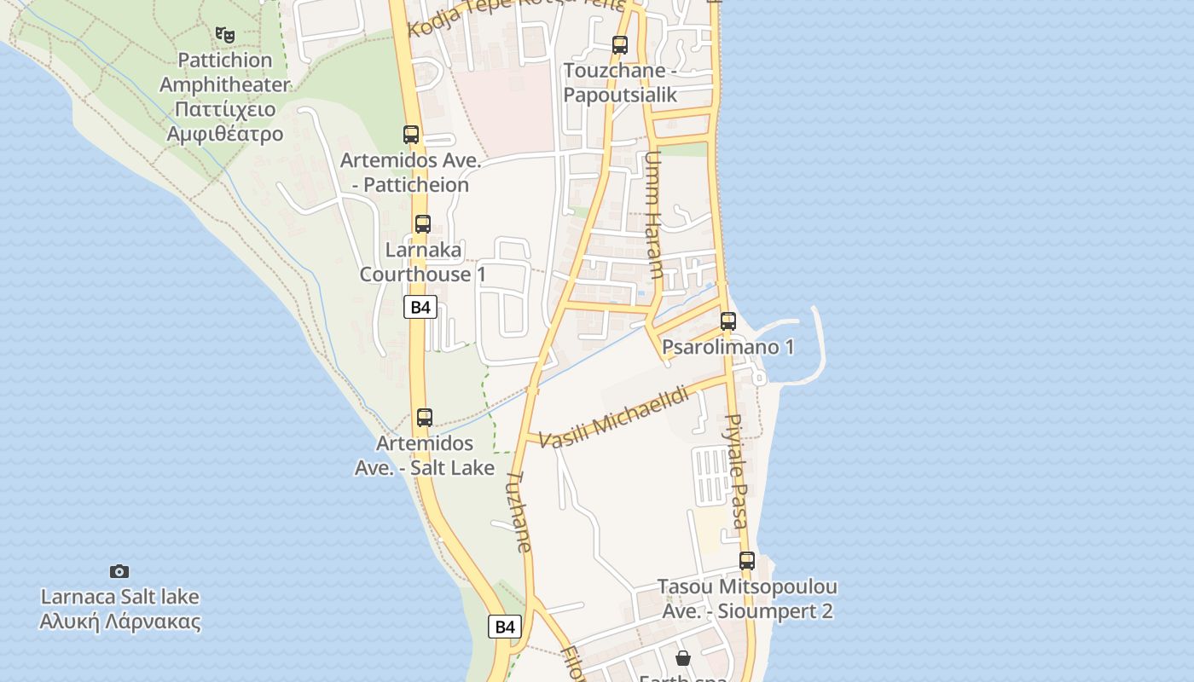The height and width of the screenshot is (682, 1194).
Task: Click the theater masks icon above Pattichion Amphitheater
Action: pos(225,34)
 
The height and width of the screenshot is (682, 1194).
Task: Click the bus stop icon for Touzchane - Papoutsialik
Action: pos(620,45)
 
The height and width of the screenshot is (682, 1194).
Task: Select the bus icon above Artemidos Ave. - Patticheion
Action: pos(411,135)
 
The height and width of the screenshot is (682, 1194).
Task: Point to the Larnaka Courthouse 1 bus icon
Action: pos(423,225)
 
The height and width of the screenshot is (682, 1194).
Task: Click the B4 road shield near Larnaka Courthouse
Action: pos(420,307)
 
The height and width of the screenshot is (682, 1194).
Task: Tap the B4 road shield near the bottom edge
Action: pos(505,627)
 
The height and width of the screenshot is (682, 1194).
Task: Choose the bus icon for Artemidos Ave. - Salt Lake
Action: pos(425,418)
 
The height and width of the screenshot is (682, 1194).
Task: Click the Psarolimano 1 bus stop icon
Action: pos(728,321)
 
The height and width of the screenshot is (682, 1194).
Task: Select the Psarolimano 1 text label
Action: pos(728,347)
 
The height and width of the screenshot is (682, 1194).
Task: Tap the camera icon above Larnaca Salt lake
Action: pos(119,571)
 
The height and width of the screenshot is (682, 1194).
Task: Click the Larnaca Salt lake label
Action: pos(119,609)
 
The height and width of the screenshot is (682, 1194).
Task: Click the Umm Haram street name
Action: pos(654,215)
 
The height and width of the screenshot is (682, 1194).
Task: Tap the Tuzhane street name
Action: pos(519,511)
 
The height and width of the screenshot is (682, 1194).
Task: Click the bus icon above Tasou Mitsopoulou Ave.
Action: pos(747,561)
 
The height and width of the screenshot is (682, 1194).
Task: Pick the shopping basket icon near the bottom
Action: pos(683,658)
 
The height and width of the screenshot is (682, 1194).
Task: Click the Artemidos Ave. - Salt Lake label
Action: pos(425,455)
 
